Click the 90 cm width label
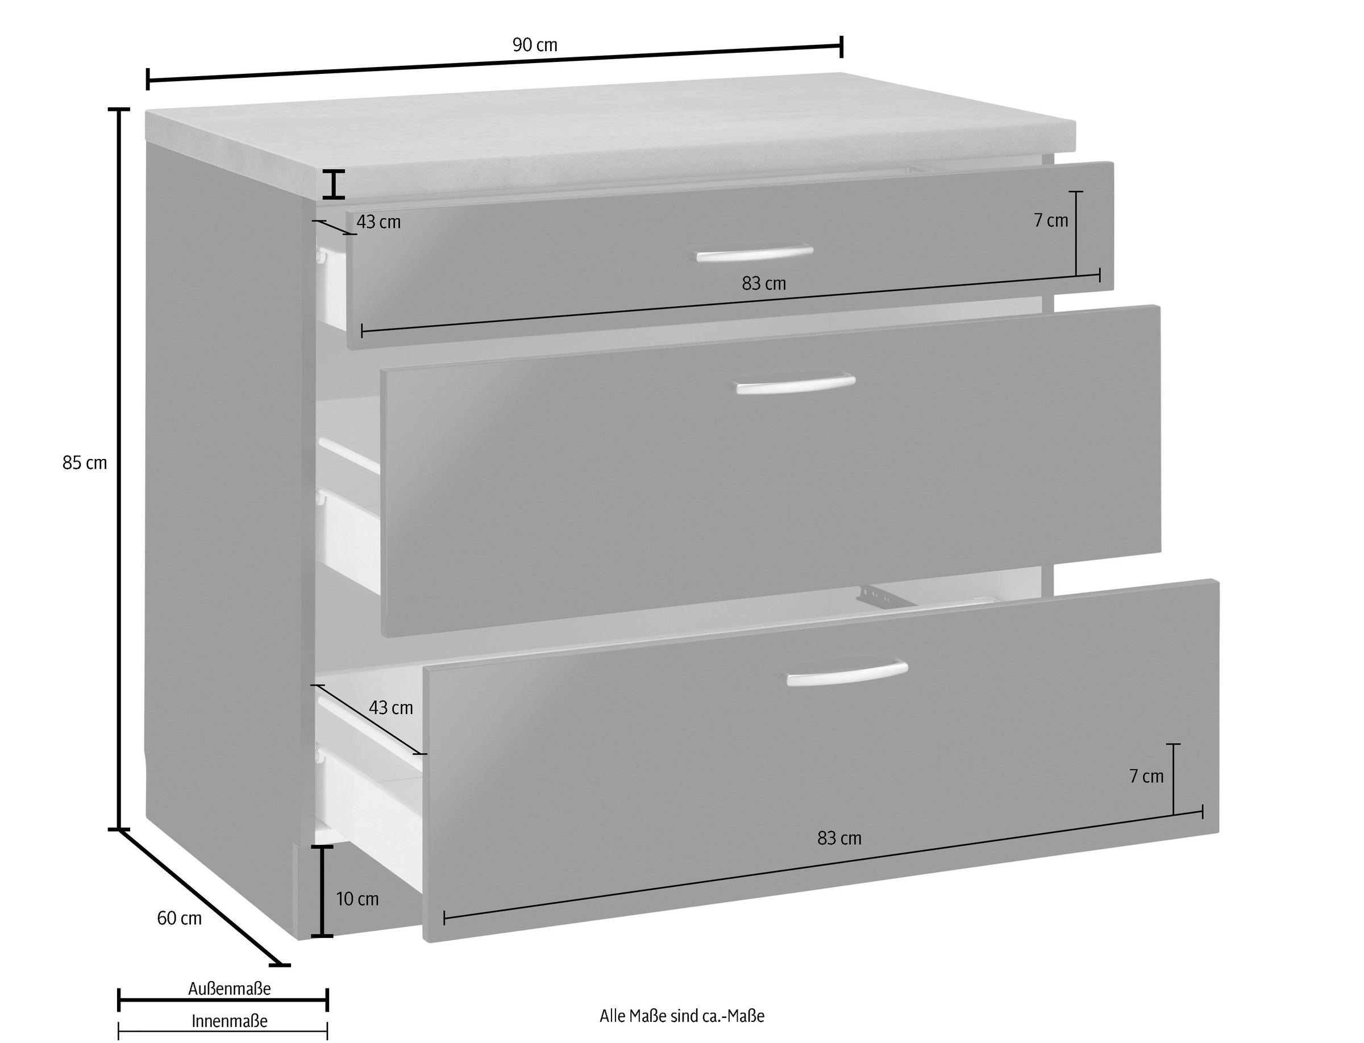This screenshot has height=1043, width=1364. (x=535, y=45)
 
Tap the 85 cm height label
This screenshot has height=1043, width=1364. (x=85, y=462)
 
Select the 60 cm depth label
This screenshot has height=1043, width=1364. (x=180, y=918)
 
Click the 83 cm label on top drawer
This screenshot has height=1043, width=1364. (x=764, y=283)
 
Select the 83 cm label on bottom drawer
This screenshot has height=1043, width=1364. (x=839, y=838)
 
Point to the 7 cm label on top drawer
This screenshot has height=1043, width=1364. (x=1051, y=220)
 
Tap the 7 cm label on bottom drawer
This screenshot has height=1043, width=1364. (x=1146, y=776)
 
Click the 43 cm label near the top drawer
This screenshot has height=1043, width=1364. (x=379, y=222)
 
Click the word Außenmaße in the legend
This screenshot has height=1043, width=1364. (x=230, y=988)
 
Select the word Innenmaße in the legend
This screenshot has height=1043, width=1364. (x=230, y=1021)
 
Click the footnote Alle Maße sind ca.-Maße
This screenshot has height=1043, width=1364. (x=682, y=1016)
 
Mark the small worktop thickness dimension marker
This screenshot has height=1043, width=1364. (x=334, y=185)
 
